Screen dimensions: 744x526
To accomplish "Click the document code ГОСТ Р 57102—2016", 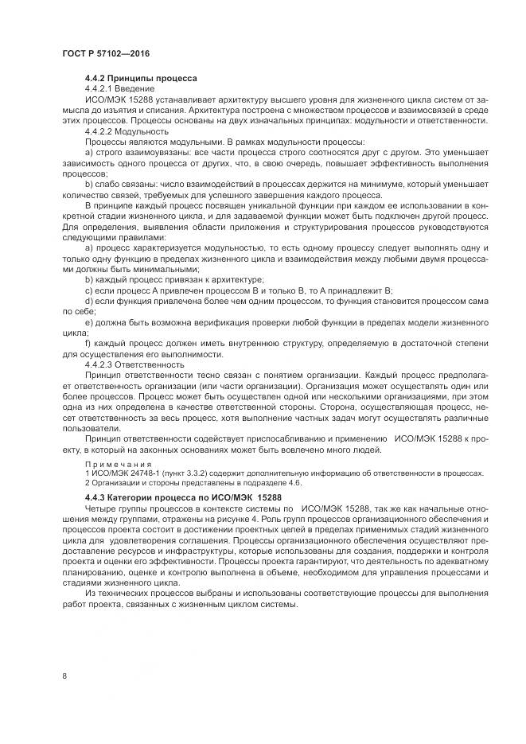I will coord(106,53).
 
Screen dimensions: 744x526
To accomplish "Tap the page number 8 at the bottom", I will coord(64,676).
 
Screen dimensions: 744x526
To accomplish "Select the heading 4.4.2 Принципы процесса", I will coord(140,78).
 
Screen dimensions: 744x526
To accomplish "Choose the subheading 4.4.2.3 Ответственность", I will coord(134,364).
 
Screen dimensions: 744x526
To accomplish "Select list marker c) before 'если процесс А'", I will coord(89,291).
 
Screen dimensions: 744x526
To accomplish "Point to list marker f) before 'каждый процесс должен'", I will coord(88,343).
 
